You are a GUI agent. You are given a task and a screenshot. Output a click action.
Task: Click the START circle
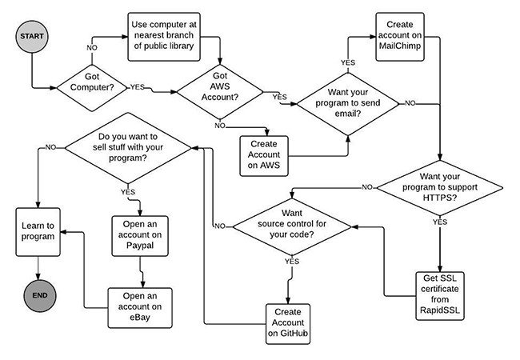[32, 37]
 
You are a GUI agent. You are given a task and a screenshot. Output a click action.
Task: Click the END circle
[38, 295]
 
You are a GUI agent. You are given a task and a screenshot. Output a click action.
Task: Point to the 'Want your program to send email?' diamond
[349, 102]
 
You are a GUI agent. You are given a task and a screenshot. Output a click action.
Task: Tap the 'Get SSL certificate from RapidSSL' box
[442, 294]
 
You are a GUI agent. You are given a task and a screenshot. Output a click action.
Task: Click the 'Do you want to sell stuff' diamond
[127, 147]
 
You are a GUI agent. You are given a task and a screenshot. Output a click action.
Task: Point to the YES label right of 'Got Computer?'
[138, 86]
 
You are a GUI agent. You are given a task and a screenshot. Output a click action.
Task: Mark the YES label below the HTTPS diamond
[439, 222]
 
